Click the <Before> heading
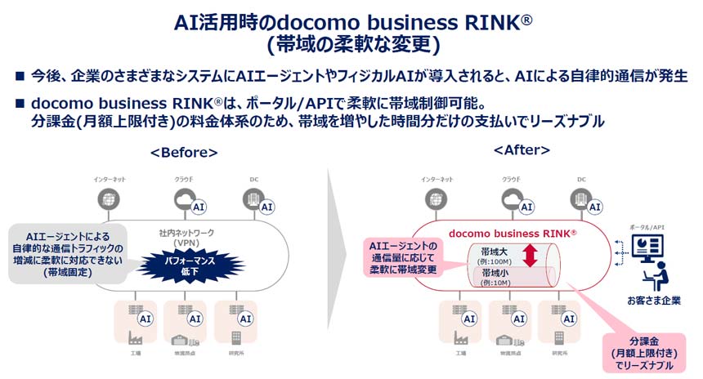[184, 153]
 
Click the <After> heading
[522, 150]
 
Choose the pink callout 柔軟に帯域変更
[404, 258]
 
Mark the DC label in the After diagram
[581, 179]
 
